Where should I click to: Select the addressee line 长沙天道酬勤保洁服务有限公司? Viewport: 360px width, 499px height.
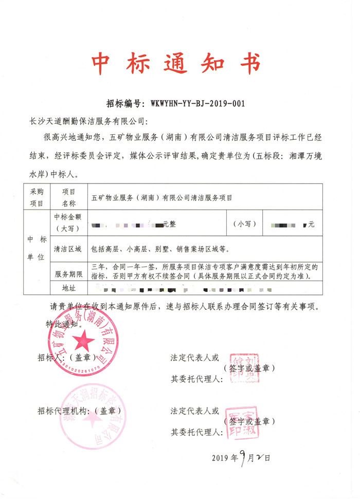tap(88, 122)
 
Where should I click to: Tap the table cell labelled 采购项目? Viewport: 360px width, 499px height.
tap(38, 196)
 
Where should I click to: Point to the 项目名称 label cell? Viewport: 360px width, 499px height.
tap(68, 196)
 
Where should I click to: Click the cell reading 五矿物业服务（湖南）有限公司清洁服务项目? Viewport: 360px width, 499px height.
tap(161, 197)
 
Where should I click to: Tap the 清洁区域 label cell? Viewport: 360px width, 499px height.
tap(68, 249)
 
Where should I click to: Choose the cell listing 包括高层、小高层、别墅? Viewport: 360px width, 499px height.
tap(159, 249)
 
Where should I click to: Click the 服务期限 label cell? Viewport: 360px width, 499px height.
tap(68, 274)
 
